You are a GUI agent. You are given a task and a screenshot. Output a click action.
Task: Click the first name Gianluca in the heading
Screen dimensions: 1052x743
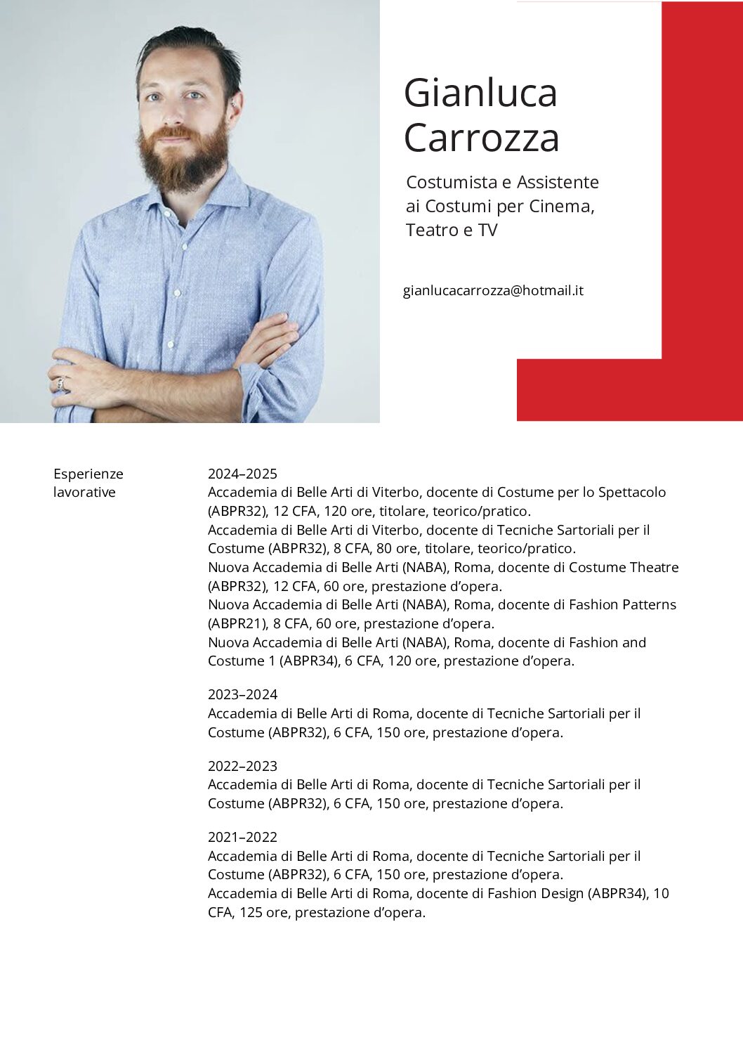tap(480, 93)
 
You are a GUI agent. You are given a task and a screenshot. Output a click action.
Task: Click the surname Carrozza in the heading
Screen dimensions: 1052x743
tap(481, 138)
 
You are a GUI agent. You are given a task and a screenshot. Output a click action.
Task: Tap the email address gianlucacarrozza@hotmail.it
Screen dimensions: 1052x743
tap(493, 290)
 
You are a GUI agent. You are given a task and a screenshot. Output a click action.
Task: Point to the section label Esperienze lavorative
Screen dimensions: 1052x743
tap(88, 483)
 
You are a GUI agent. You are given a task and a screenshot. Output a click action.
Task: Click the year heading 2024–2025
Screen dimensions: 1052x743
tap(242, 474)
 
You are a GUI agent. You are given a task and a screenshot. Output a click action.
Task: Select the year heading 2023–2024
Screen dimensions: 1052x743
tap(242, 694)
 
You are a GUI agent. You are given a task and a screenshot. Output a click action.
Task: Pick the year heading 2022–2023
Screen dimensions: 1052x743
tap(242, 766)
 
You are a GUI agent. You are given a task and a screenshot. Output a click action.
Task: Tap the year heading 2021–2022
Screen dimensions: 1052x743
tap(242, 837)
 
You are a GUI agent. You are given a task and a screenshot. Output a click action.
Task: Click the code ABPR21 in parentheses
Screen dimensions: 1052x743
tap(237, 623)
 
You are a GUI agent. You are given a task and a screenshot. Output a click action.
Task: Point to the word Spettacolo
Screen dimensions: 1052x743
tap(632, 492)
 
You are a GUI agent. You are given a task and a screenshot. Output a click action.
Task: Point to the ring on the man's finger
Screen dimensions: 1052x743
tap(61, 384)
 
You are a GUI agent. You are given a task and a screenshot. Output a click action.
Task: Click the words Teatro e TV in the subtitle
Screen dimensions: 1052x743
tap(452, 230)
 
